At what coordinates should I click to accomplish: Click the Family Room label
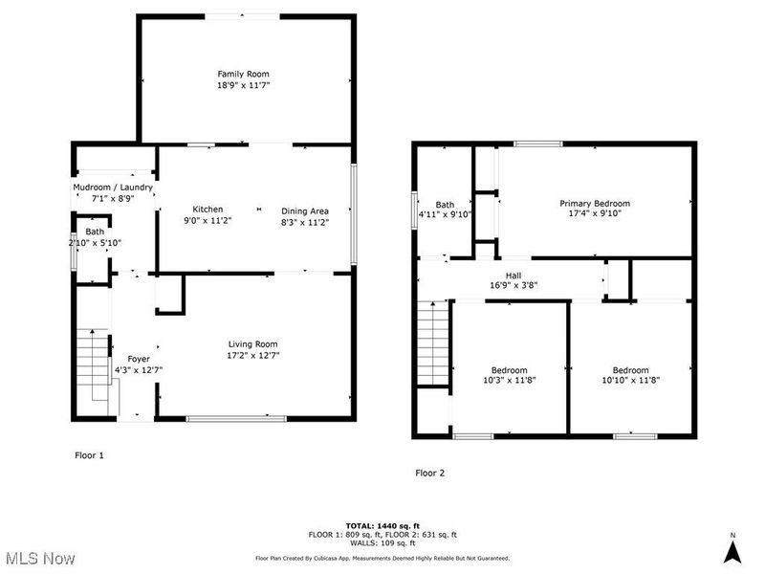point(243,74)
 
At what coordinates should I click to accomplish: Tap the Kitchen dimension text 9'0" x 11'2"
point(208,220)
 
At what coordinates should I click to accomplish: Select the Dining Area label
point(304,210)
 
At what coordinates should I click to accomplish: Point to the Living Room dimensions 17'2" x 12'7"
point(252,355)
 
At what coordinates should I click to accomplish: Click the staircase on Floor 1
point(94,364)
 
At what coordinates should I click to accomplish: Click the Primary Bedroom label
point(594,203)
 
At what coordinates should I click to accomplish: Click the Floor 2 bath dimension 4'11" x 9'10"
point(446,214)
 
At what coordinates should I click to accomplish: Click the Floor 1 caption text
point(88,455)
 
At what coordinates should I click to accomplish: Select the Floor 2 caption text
point(429,473)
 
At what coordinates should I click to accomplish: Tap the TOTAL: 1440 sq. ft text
point(382,526)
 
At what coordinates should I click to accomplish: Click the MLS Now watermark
point(39,557)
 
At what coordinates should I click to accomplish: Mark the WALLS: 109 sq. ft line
point(382,542)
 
